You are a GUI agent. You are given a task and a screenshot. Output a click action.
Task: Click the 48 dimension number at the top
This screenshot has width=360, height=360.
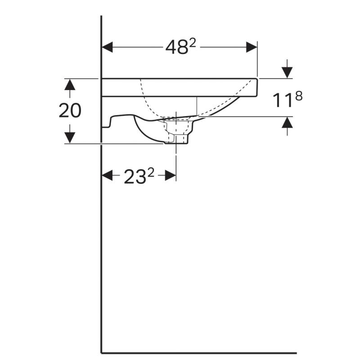[176, 48]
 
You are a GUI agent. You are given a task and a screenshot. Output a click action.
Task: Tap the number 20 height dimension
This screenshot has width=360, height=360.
[70, 111]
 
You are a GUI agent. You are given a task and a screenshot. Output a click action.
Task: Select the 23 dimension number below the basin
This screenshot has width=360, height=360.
[135, 177]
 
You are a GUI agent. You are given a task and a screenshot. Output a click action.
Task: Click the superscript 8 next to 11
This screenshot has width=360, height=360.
[299, 96]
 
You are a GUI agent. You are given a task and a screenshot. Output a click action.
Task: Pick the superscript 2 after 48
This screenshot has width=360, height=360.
[193, 43]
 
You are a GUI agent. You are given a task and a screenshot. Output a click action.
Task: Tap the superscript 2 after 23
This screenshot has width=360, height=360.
[151, 172]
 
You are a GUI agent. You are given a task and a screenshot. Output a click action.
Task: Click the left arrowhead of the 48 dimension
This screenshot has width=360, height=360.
[107, 47]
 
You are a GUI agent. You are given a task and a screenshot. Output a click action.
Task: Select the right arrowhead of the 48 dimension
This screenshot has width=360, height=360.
[252, 47]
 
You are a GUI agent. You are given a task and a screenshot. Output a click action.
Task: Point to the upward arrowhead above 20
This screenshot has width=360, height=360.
[70, 84]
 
